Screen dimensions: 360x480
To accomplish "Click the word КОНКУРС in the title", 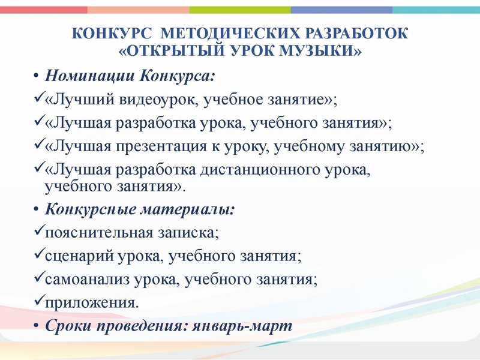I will (x=113, y=34).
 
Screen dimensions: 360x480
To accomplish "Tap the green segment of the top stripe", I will (x=239, y=10).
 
